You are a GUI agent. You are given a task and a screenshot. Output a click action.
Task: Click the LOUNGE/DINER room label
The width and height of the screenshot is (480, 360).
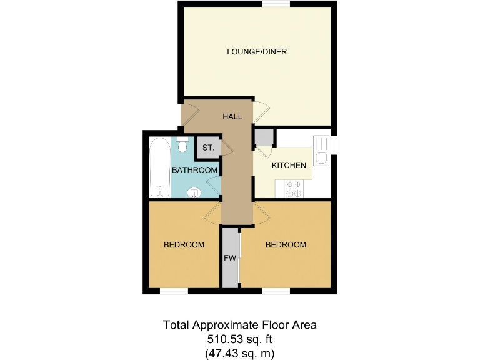click(256, 52)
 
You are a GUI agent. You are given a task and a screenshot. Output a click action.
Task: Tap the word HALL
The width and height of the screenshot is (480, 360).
click(232, 116)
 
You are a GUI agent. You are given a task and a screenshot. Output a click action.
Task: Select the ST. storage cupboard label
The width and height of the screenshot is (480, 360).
click(208, 148)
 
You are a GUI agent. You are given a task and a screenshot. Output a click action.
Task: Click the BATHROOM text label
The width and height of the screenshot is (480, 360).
click(194, 170)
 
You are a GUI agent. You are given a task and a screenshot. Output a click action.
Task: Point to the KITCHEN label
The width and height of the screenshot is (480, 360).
click(289, 166)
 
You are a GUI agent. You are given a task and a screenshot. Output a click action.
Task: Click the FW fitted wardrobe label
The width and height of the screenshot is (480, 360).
click(229, 257)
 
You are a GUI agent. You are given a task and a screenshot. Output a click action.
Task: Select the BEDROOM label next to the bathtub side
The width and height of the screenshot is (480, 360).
click(184, 245)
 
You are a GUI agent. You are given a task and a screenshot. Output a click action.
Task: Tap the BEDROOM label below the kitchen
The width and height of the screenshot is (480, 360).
click(286, 245)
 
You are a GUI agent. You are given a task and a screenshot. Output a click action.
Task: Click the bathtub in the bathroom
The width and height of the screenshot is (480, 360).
click(159, 167)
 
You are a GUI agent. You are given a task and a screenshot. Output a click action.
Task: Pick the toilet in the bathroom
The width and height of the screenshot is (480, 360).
click(182, 145)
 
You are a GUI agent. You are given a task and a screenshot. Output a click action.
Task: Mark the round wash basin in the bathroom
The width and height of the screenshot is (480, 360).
click(195, 192)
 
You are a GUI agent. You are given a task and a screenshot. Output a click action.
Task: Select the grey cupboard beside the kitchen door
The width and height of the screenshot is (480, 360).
click(263, 137)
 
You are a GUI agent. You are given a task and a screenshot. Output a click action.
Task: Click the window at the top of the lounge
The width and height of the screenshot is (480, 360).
click(276, 4)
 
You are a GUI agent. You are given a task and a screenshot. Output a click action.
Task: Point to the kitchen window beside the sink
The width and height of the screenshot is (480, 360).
click(334, 144)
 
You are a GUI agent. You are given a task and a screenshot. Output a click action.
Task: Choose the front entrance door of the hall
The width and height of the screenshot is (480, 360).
click(189, 114)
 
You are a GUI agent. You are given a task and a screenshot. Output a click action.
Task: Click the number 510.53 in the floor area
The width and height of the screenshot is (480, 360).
click(226, 339)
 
